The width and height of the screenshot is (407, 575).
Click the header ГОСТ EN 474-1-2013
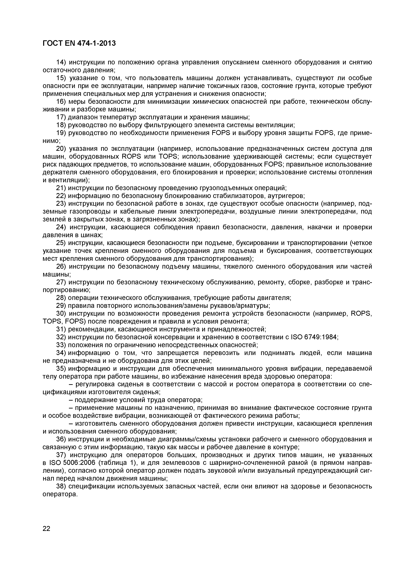click(x=79, y=43)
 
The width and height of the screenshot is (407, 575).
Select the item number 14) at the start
click(x=61, y=62)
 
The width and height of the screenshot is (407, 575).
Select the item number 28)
click(x=61, y=298)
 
